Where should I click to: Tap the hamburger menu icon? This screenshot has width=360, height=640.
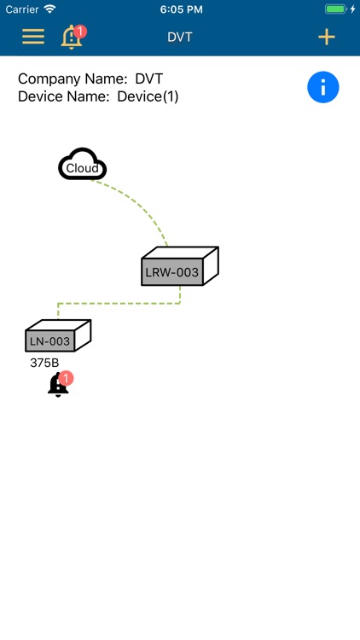(33, 37)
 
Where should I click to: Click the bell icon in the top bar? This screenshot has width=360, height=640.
(72, 38)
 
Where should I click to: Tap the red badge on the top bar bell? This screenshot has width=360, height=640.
(80, 32)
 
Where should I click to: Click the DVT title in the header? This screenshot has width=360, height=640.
(180, 37)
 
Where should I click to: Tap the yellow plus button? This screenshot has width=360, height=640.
(326, 37)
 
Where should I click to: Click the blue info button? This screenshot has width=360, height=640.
(323, 87)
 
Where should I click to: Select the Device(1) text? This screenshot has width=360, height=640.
(148, 96)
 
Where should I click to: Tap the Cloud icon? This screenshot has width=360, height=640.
(83, 166)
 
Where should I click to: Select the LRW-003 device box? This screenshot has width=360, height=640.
(174, 271)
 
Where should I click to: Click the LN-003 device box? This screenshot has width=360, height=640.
(51, 340)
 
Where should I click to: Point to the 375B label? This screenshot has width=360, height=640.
(44, 363)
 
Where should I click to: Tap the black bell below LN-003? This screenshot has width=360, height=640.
(57, 387)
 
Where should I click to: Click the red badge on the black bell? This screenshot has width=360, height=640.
(67, 378)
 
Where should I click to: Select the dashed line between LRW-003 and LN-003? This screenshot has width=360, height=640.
(119, 302)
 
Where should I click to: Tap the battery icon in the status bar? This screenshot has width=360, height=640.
(337, 9)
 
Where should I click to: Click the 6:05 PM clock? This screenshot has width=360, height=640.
(180, 9)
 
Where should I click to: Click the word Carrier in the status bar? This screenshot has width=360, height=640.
(22, 9)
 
